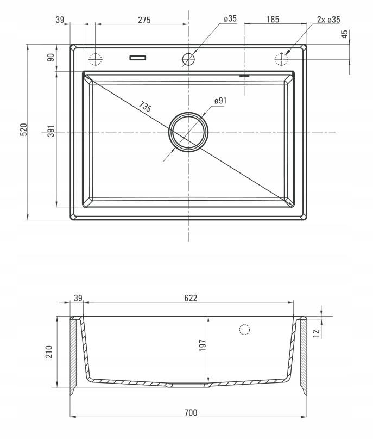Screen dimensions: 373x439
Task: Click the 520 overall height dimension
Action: [24, 129]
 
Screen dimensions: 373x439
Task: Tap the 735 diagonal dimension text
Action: [145, 107]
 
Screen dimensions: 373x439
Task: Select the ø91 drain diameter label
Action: [220, 101]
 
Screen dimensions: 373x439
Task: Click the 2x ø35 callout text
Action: [328, 20]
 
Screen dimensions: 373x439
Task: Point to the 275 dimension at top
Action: [144, 20]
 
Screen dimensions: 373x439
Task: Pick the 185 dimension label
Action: [273, 20]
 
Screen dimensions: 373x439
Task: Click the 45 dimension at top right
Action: [345, 34]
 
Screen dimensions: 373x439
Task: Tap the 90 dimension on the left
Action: [51, 58]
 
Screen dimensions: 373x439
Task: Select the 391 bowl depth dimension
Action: [51, 131]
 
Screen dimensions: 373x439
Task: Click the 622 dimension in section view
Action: [191, 298]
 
